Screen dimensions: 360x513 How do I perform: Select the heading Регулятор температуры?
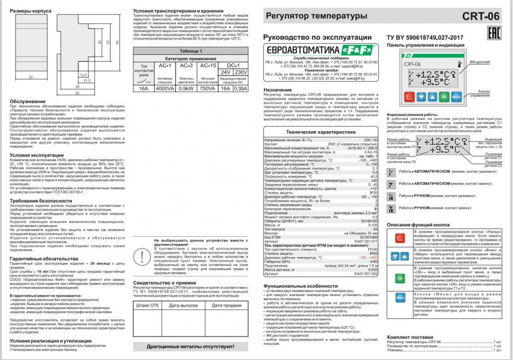point(308,16)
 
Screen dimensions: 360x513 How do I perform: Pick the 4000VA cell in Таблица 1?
point(164,88)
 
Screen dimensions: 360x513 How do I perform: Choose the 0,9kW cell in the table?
point(186,88)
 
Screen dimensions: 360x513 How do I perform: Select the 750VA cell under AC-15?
point(208,88)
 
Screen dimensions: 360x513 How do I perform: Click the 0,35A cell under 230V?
point(240,88)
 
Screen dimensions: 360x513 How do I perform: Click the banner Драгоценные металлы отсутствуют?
point(191,347)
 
